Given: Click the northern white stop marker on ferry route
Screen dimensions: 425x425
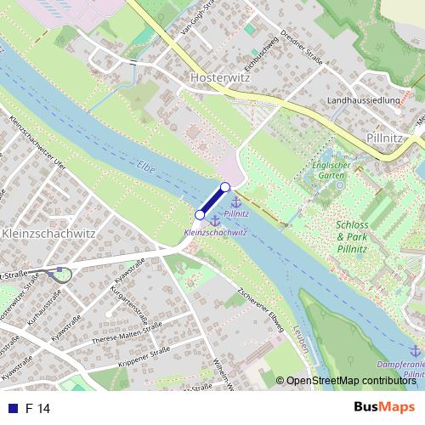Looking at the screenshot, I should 225,187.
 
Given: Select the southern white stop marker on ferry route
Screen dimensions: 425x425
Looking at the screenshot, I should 201,215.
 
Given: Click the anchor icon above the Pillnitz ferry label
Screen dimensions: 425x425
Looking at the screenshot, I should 236,201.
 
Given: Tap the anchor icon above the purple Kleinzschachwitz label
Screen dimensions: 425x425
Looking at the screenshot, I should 215,220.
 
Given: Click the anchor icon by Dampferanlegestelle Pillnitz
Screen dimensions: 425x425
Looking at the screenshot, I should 415,350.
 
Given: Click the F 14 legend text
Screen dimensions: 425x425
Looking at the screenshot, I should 38,409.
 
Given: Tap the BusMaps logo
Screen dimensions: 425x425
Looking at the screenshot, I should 384,408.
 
